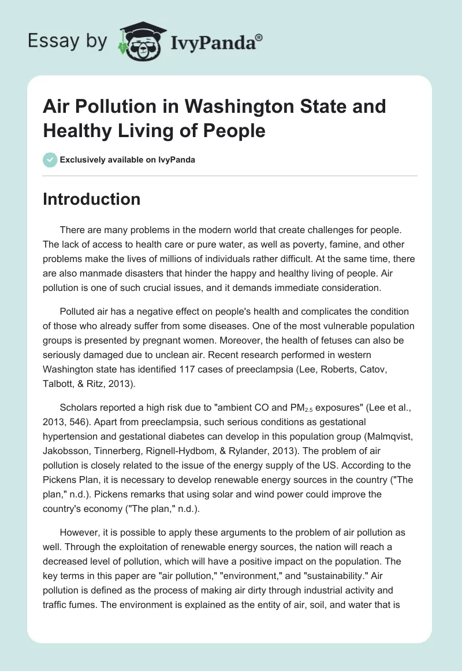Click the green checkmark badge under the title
[x=50, y=160]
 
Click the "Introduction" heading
[x=91, y=199]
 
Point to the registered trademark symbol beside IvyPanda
[x=259, y=36]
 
